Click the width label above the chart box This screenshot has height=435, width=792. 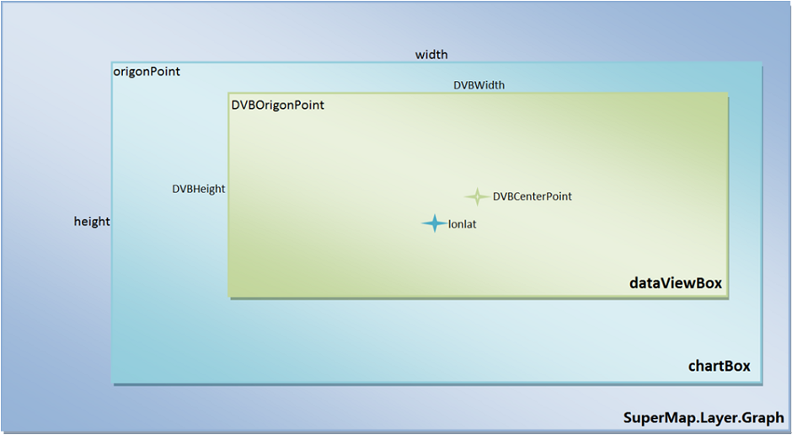point(431,55)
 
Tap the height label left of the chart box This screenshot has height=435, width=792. point(92,222)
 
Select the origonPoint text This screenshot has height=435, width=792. point(147,72)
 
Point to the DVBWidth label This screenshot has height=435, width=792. point(479,85)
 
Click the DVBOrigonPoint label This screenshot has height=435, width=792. point(277,105)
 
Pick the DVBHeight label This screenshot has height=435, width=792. point(198,189)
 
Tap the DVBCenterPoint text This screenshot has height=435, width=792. point(532,196)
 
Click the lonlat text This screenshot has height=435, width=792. point(463,224)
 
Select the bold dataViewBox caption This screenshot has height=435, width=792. point(676,283)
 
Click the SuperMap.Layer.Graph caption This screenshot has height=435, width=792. point(704,418)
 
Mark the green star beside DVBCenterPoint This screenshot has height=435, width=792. point(476,196)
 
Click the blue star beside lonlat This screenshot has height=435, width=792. point(434,223)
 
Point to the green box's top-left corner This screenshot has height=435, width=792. point(228,94)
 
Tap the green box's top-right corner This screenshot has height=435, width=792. point(727,94)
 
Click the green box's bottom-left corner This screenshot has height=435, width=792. point(228,296)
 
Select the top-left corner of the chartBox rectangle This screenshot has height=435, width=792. point(112,62)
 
